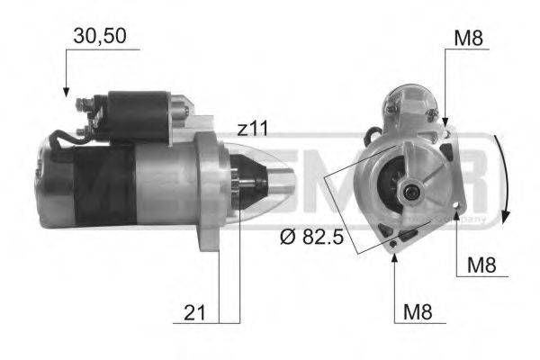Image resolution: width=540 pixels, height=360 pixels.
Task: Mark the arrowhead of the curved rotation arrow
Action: tap(507, 218)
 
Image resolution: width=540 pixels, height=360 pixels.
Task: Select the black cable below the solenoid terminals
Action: tap(63, 140)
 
